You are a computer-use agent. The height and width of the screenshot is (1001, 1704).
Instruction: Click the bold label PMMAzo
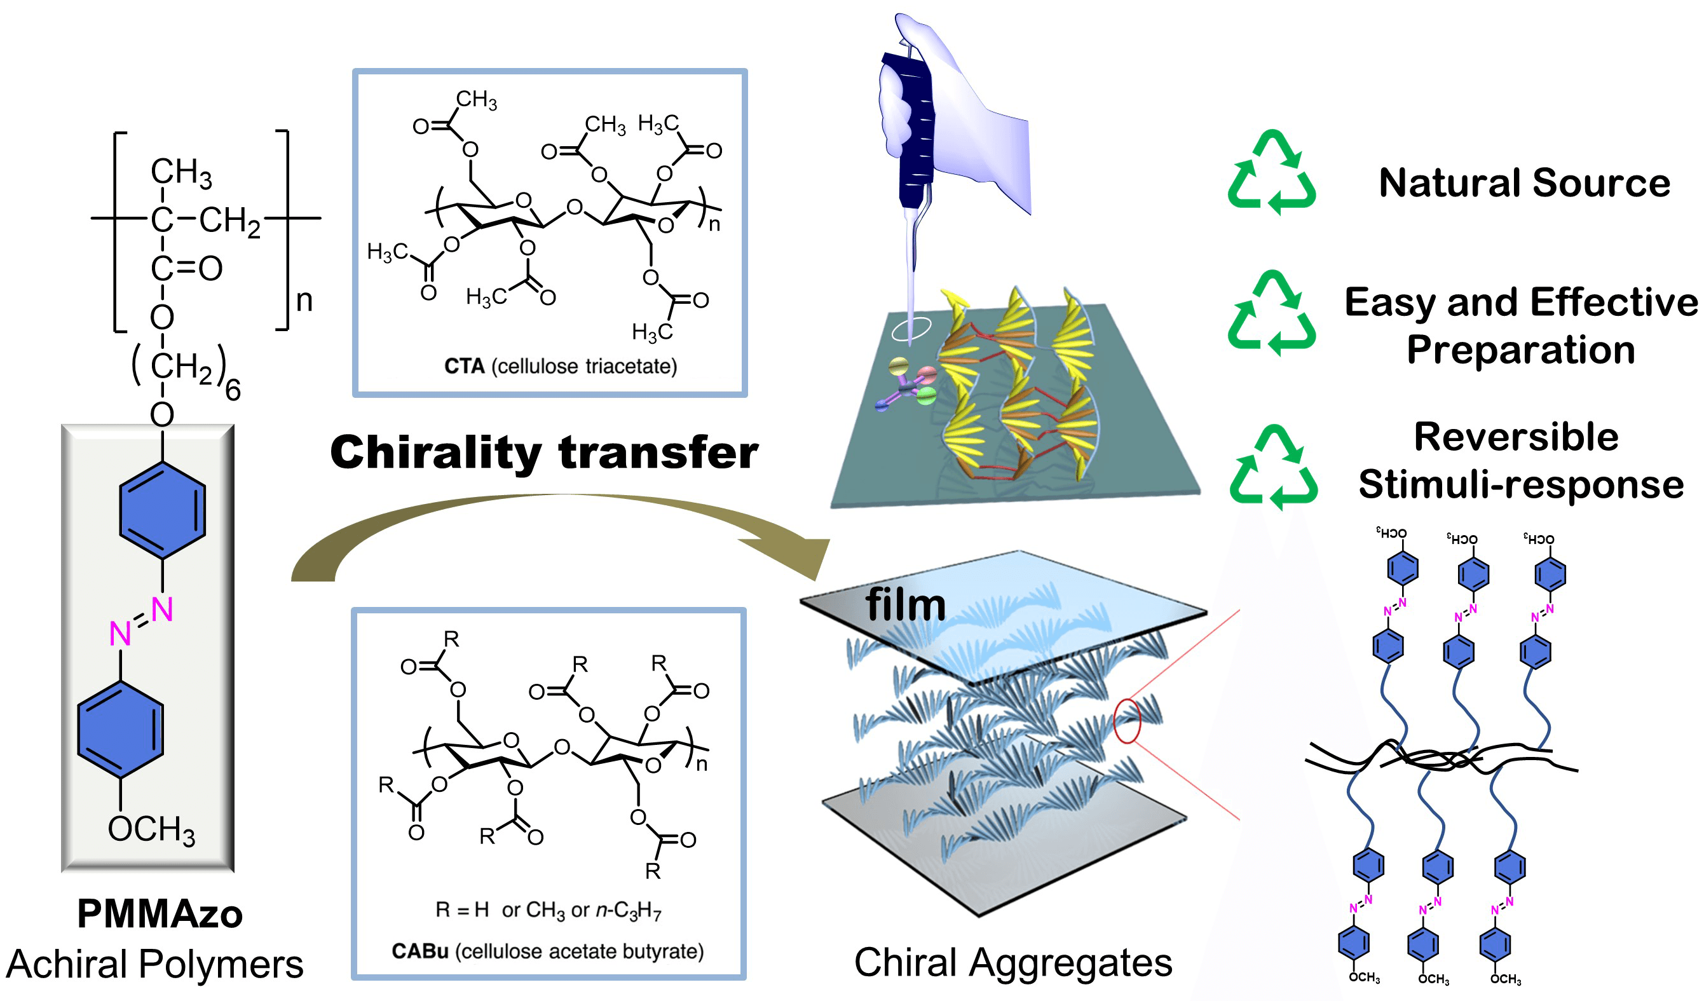tap(160, 914)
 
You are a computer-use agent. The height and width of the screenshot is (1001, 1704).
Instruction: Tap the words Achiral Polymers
tap(155, 964)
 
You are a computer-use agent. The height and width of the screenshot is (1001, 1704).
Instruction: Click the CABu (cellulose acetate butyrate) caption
tap(548, 951)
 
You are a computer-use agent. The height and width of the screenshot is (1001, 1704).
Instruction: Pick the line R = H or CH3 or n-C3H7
tap(548, 910)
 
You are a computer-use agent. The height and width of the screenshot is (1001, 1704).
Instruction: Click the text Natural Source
tap(1524, 183)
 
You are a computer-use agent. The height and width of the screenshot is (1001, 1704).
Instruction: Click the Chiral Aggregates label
tap(1012, 962)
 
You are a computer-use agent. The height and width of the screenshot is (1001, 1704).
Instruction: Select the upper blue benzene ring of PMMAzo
tap(162, 510)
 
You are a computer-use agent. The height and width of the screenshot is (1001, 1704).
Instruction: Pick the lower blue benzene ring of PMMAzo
tap(120, 729)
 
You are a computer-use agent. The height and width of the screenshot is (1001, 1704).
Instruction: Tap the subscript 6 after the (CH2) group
tap(233, 391)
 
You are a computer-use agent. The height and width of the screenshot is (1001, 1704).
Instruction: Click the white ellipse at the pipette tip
tap(911, 329)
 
